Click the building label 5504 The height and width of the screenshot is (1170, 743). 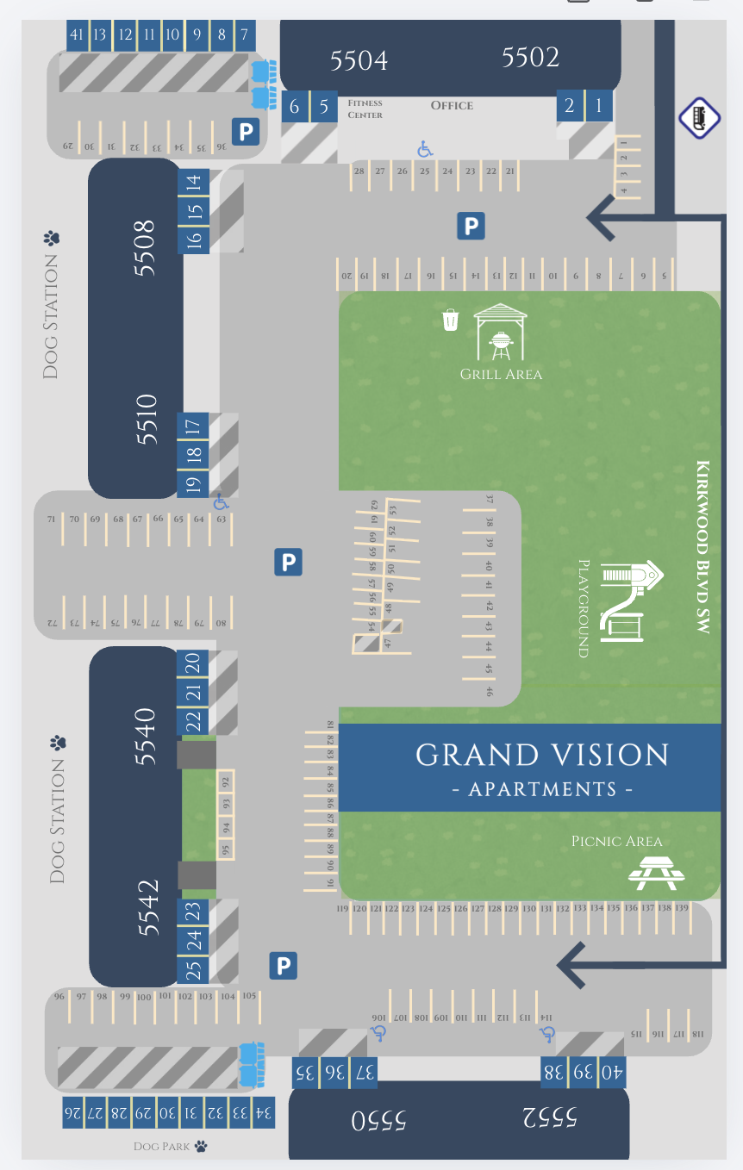(359, 59)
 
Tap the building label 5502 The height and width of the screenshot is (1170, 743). (530, 57)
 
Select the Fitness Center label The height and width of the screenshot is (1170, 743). (365, 109)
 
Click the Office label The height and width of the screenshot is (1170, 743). (452, 105)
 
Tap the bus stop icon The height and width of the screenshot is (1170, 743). (699, 117)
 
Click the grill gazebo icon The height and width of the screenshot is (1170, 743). (500, 333)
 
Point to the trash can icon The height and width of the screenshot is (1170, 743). (450, 321)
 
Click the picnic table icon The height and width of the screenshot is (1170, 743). (657, 874)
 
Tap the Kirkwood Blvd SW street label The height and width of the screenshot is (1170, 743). (703, 548)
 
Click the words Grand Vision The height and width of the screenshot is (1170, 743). (542, 755)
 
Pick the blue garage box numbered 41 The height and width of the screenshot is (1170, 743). (77, 35)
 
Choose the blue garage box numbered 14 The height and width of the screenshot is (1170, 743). (194, 182)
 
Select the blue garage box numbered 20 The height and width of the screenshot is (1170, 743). (193, 663)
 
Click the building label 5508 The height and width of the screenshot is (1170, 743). (144, 247)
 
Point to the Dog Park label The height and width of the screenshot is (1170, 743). (171, 1147)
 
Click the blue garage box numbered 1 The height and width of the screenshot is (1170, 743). (598, 106)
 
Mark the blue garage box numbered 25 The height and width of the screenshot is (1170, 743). (194, 970)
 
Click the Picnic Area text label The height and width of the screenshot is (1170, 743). (616, 841)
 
